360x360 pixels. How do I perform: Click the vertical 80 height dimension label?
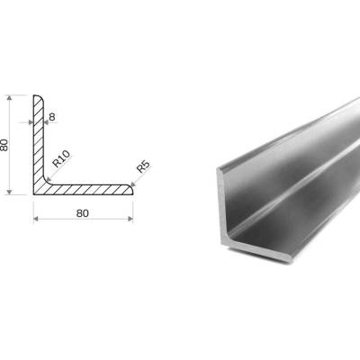coord(4,145)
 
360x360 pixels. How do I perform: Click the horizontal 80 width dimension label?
coord(83,213)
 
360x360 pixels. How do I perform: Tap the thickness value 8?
coord(52,117)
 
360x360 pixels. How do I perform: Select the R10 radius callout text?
coord(61,158)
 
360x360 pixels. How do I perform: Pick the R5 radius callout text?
coord(143,166)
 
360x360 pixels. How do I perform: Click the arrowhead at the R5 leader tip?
coord(133,184)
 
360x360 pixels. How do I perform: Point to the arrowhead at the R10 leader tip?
coord(48,180)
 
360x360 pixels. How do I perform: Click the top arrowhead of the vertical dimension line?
coord(10,98)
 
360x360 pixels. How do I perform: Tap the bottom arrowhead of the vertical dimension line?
coord(10,192)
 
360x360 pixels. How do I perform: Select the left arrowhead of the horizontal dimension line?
coord(36,219)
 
